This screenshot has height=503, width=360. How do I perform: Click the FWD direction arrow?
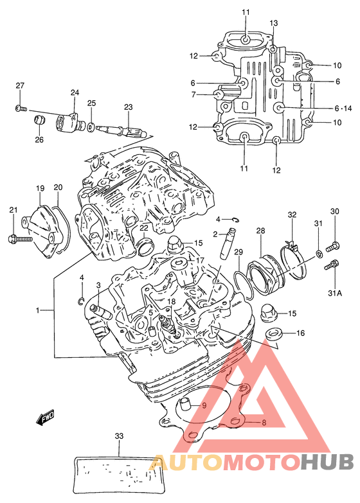pyautogui.click(x=45, y=418)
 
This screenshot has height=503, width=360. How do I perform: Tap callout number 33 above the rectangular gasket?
pyautogui.click(x=119, y=436)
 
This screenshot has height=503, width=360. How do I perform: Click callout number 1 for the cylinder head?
pyautogui.click(x=37, y=310)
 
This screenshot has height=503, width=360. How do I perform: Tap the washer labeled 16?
pyautogui.click(x=273, y=334)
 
